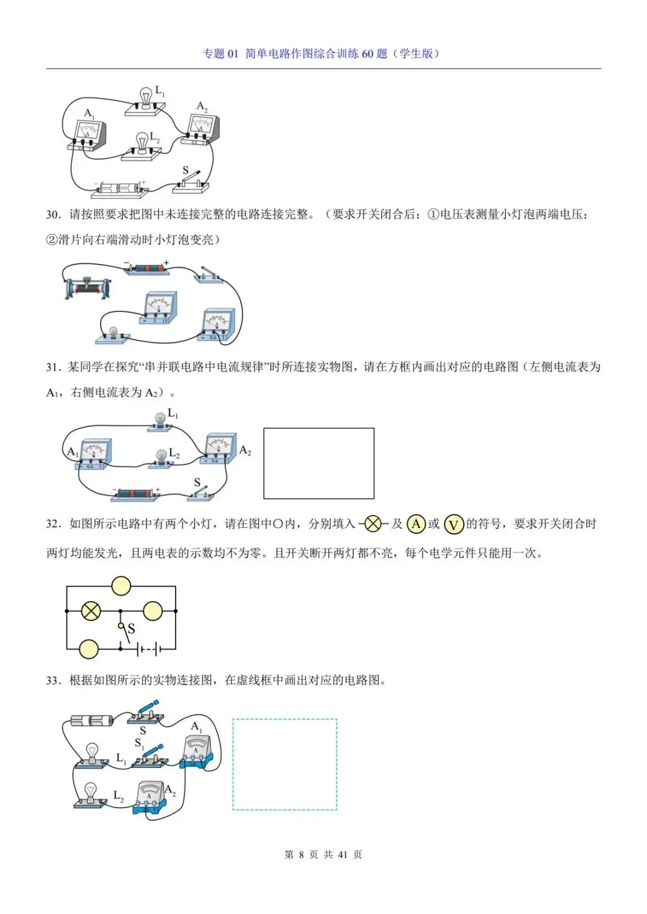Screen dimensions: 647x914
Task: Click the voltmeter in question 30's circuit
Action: point(160,308)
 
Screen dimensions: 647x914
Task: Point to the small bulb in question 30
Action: point(112,333)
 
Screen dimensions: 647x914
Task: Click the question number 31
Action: point(53,367)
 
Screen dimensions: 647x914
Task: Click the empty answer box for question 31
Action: point(319,463)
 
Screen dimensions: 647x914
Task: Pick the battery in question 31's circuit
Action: point(137,494)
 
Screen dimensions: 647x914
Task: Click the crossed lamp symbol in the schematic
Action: point(91,611)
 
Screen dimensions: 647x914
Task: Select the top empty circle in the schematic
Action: point(121,586)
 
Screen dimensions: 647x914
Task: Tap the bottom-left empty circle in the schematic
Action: point(89,649)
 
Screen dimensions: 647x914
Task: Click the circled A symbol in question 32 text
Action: point(416,524)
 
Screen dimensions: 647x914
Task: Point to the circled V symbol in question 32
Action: point(454,525)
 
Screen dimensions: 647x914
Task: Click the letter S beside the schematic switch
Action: point(131,628)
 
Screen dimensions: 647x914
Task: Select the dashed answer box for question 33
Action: point(285,764)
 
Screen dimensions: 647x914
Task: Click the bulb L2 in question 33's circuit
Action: point(90,794)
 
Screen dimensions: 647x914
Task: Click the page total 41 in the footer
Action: point(343,855)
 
